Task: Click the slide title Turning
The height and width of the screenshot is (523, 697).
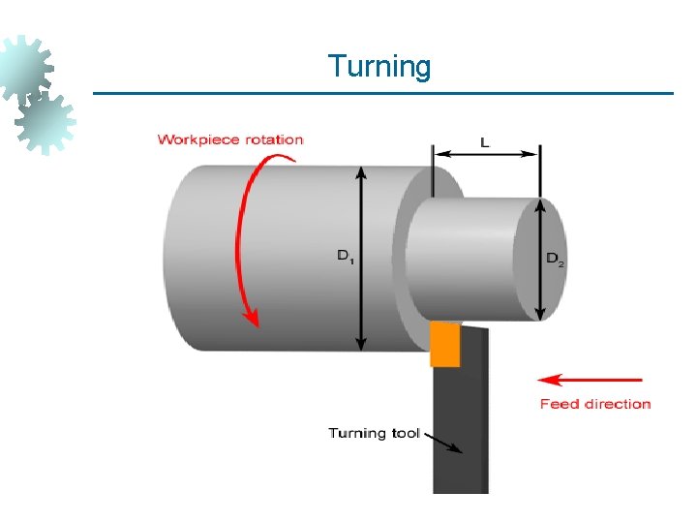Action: tap(379, 67)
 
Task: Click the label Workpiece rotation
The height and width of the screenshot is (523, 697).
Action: tap(230, 139)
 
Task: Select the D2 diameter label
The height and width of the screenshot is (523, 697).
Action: tap(555, 258)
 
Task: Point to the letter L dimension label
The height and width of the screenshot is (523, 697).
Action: tap(485, 141)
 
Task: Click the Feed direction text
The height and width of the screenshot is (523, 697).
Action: tap(595, 404)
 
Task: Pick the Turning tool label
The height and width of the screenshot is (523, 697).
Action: tap(374, 433)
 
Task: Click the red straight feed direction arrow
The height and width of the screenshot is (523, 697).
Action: tap(591, 380)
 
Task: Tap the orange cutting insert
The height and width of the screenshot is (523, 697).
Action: tap(444, 345)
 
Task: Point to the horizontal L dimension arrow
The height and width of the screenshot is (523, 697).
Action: tap(486, 152)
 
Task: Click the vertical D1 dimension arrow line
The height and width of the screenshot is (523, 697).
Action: tap(361, 291)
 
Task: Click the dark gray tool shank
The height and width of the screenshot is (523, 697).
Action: tap(460, 426)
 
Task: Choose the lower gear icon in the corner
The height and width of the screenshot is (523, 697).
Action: tap(45, 120)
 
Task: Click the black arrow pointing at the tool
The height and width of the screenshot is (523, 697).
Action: tap(443, 444)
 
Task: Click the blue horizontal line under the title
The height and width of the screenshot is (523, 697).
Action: tap(382, 94)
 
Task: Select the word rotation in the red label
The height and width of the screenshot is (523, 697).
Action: tap(275, 139)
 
